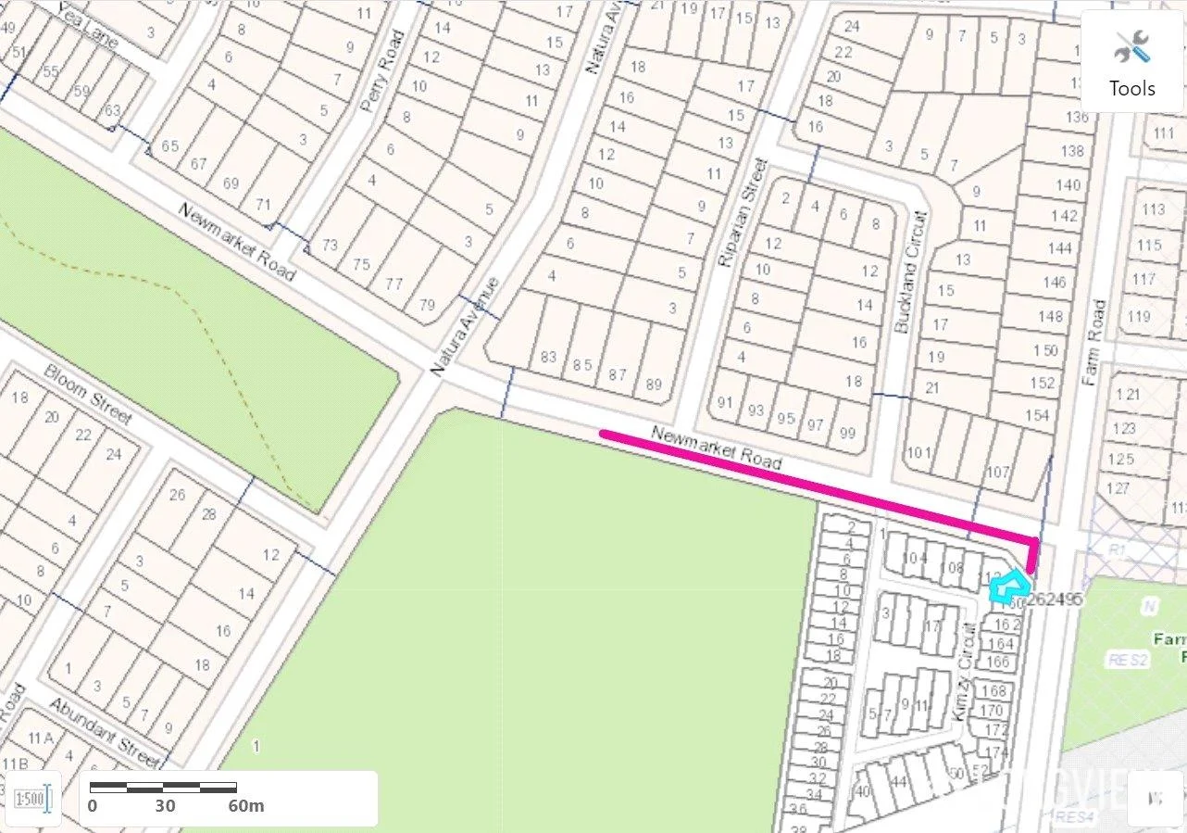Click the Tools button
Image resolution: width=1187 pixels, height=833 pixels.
point(1132,62)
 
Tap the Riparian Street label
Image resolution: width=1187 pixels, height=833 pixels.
point(743,213)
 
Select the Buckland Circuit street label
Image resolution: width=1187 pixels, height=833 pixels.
point(910,272)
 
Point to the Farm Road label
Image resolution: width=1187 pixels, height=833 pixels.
point(1093,342)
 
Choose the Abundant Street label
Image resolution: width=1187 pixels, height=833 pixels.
point(106,732)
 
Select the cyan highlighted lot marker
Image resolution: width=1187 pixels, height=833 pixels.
point(1008,587)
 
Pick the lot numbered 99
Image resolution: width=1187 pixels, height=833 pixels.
point(846,434)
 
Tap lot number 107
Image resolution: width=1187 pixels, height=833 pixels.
point(997,473)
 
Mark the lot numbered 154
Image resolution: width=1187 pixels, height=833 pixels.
point(1038,415)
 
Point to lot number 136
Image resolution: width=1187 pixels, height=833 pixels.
point(1077,117)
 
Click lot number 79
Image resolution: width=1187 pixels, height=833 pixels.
point(427,305)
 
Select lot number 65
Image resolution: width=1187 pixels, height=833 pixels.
point(170,146)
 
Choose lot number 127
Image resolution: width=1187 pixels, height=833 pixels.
point(1118,488)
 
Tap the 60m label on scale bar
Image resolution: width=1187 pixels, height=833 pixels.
point(246,805)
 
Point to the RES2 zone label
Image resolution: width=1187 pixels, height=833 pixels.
point(1128,660)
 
